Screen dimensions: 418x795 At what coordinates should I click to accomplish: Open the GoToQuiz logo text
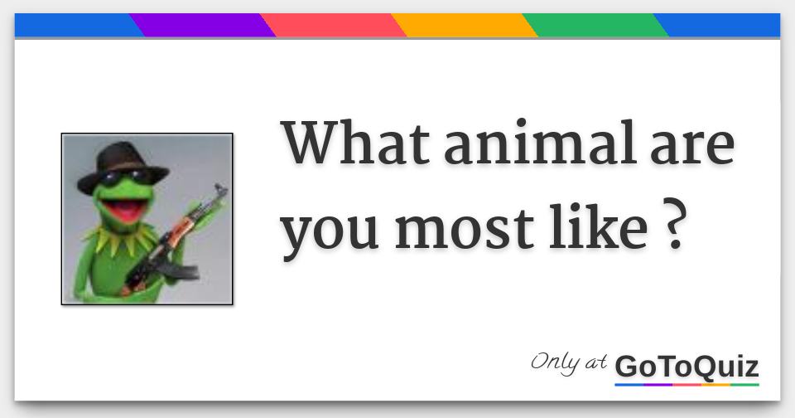click(x=687, y=366)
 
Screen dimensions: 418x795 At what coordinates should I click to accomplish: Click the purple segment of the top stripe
click(x=203, y=26)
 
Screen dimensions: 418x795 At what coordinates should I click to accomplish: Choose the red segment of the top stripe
click(x=333, y=26)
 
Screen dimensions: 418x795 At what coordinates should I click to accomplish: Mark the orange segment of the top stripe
click(x=464, y=26)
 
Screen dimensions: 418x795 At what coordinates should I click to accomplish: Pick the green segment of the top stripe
click(x=595, y=26)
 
